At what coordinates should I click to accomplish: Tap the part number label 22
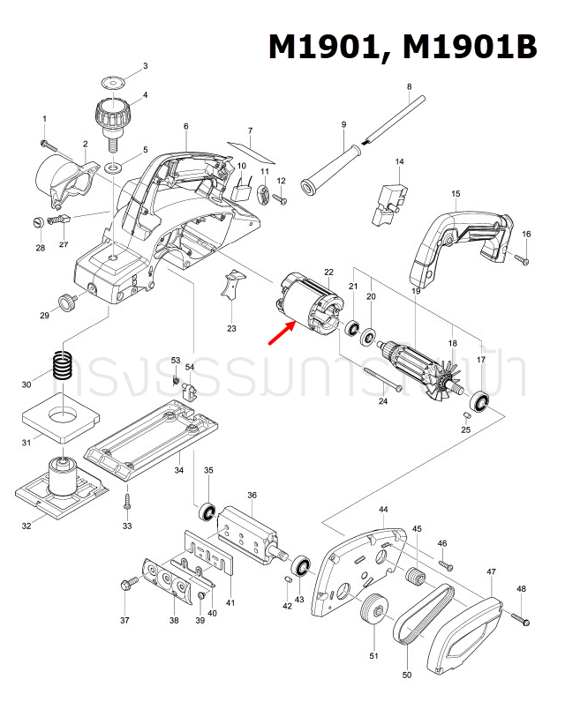[x=328, y=272]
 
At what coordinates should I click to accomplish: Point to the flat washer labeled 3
[x=111, y=81]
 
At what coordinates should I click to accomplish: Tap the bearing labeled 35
[x=207, y=511]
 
